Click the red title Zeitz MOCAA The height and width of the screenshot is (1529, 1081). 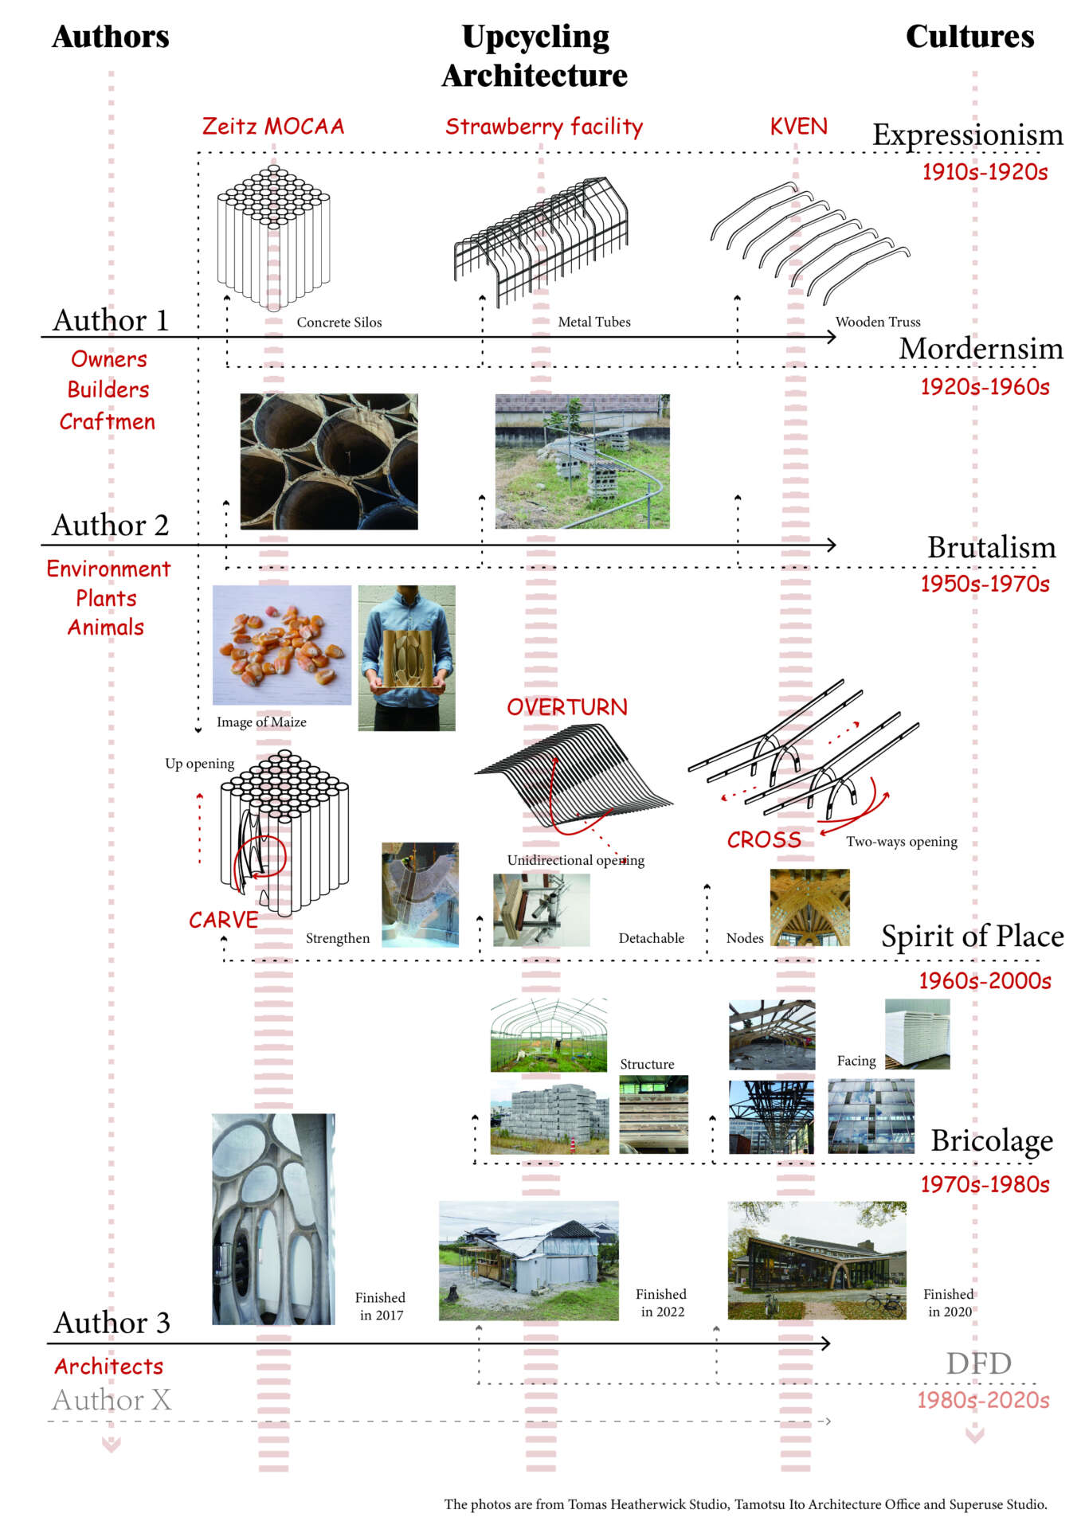272,127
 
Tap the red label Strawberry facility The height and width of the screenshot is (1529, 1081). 543,127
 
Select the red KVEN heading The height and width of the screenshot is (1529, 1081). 798,127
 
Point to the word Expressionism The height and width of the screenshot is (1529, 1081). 967,135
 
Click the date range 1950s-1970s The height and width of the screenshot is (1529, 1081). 985,584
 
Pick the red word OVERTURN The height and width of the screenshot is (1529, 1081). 567,707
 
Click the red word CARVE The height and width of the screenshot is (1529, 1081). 223,920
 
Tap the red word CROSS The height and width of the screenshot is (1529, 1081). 764,839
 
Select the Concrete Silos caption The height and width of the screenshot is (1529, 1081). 339,323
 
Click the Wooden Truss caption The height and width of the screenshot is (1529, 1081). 878,322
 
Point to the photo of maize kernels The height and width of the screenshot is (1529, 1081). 281,644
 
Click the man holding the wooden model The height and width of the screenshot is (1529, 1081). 406,657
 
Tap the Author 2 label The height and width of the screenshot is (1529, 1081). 111,526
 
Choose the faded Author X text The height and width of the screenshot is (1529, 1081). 112,1399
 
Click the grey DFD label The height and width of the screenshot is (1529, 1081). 978,1363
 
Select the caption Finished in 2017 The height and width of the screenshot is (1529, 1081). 381,1306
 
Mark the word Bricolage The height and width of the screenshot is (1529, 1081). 992,1141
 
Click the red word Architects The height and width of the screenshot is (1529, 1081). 109,1367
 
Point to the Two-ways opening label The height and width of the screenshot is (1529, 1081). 901,842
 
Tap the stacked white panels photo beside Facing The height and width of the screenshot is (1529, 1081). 917,1034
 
